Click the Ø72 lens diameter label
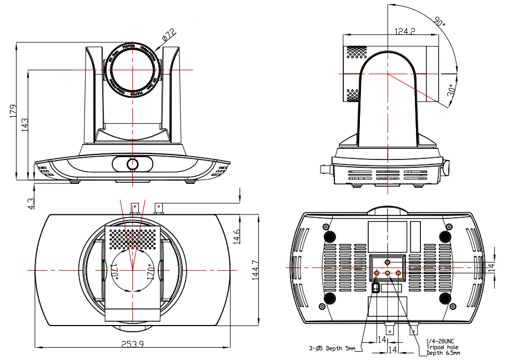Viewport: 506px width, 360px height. [x=168, y=35]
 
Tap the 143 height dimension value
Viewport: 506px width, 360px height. [x=24, y=124]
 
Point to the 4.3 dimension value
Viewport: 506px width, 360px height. [x=31, y=203]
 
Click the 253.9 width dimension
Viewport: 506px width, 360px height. [x=132, y=344]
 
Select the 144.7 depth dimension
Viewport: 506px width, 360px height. [x=255, y=269]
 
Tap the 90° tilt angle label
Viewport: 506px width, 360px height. [x=440, y=22]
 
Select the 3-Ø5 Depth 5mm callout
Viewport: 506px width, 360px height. [x=332, y=349]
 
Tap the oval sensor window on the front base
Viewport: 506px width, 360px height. [x=132, y=164]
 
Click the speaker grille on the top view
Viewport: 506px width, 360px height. [x=132, y=238]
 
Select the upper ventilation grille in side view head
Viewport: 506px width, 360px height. [x=358, y=52]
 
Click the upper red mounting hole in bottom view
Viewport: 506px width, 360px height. [x=388, y=261]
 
